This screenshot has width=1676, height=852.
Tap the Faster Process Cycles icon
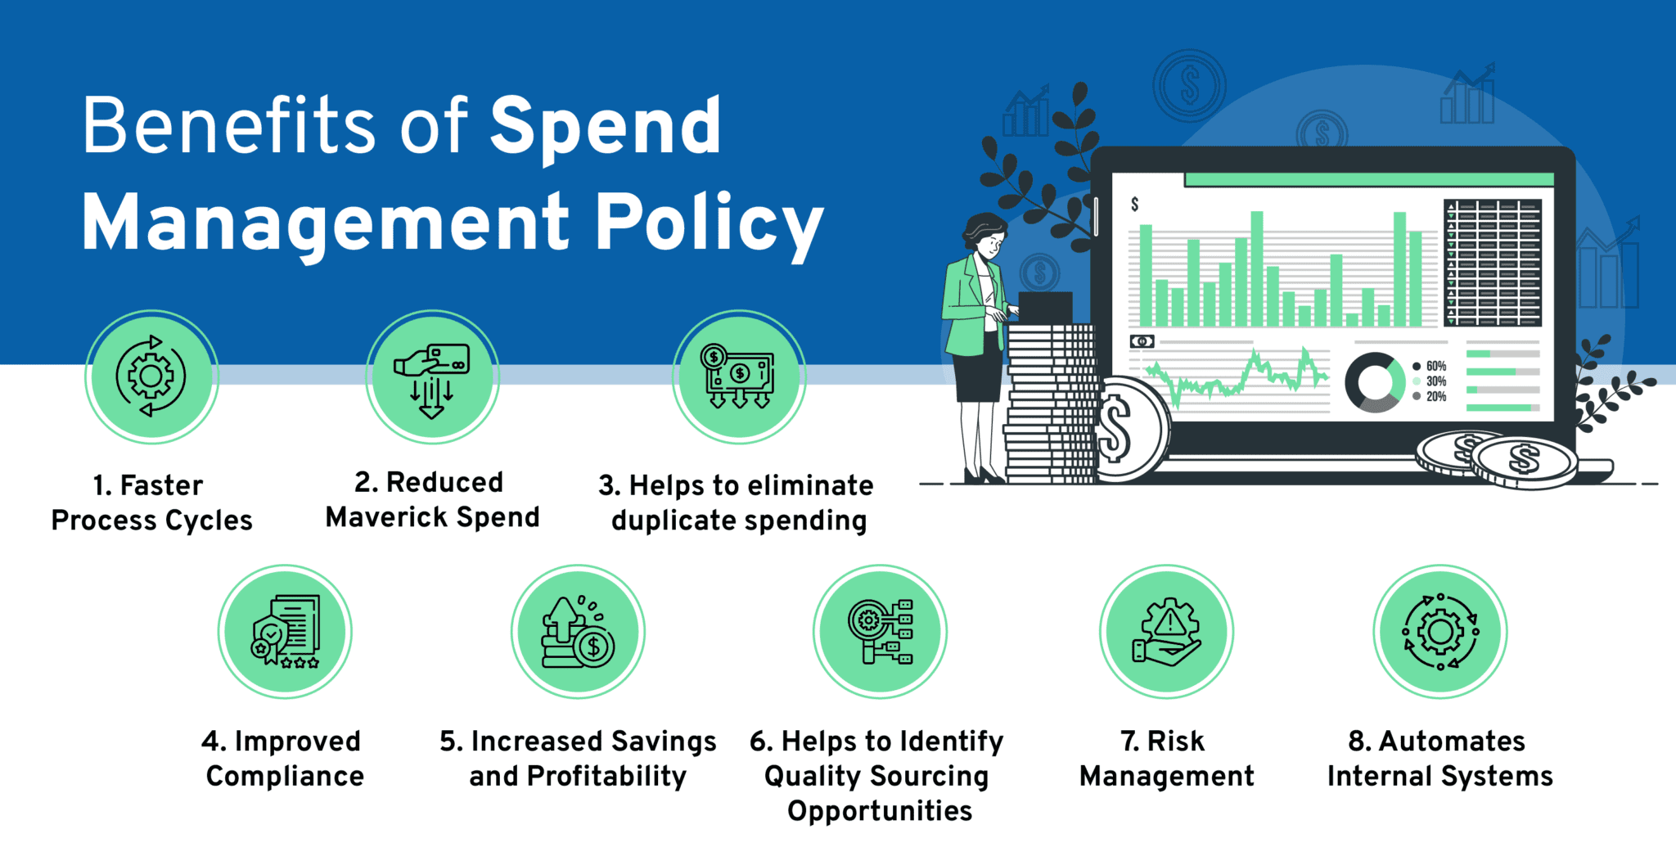pos(151,376)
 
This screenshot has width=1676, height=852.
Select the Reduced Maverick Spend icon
pos(432,376)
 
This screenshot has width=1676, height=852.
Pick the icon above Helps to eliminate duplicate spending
pos(739,376)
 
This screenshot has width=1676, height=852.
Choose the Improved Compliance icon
pos(285,631)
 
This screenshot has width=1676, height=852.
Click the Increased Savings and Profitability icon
pos(578,631)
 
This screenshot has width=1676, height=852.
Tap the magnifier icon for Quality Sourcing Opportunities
pos(880,631)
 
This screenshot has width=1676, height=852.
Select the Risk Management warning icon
pos(1166,631)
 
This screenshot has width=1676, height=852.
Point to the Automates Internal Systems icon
pos(1440,631)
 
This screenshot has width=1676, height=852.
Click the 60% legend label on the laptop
pos(1435,366)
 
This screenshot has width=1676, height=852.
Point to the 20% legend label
pos(1435,397)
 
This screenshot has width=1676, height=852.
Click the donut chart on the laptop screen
pos(1375,382)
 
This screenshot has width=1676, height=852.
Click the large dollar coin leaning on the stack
pos(1125,430)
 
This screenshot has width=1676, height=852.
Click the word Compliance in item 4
pos(285,776)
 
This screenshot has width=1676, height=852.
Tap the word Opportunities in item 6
pos(880,811)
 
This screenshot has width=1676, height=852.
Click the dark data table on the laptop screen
pos(1493,262)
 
